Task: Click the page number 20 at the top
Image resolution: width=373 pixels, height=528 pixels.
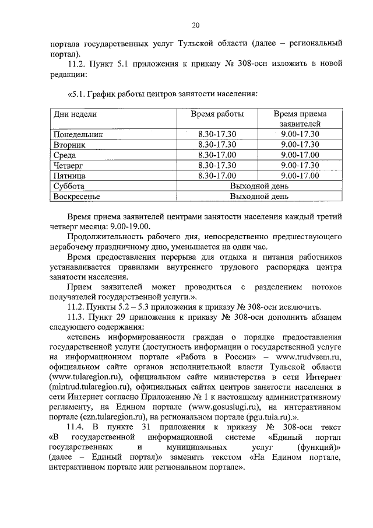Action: click(x=195, y=25)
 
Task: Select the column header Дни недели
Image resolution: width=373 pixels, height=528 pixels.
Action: click(x=75, y=114)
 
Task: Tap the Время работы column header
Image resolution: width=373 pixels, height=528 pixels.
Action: click(x=217, y=114)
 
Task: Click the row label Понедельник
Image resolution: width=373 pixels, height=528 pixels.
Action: click(x=78, y=134)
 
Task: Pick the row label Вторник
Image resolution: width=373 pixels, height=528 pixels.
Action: click(x=69, y=144)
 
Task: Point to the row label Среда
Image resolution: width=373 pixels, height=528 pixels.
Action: click(x=65, y=155)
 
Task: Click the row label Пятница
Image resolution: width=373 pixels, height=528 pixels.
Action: click(x=69, y=175)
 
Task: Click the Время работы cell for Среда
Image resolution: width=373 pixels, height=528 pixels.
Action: click(x=217, y=155)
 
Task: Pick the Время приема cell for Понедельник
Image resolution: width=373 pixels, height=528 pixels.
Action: click(x=300, y=134)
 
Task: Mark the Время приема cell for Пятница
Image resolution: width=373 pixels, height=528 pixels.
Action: click(x=300, y=175)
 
